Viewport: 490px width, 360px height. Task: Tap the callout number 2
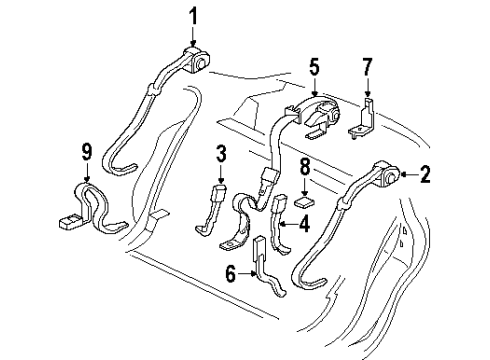pos(426,177)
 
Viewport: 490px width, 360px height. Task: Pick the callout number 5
pos(315,67)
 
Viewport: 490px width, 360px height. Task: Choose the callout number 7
pos(366,67)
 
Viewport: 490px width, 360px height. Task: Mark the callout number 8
pos(305,167)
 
